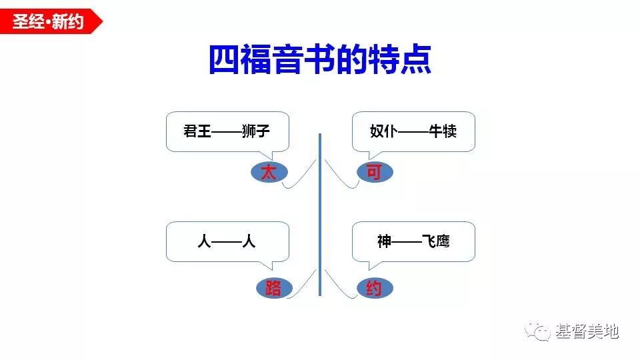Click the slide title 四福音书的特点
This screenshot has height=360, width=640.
320,60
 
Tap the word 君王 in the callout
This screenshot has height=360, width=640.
197,131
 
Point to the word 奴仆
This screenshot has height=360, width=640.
383,131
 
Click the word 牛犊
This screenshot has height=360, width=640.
443,131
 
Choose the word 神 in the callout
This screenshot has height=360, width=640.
384,241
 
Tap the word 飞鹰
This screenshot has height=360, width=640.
436,241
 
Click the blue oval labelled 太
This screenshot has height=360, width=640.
268,173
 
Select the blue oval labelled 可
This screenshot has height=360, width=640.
375,173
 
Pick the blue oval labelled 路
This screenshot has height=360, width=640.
273,288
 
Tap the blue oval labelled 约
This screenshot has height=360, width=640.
374,288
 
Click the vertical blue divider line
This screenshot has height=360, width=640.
320,213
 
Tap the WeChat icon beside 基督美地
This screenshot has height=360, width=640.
539,330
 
